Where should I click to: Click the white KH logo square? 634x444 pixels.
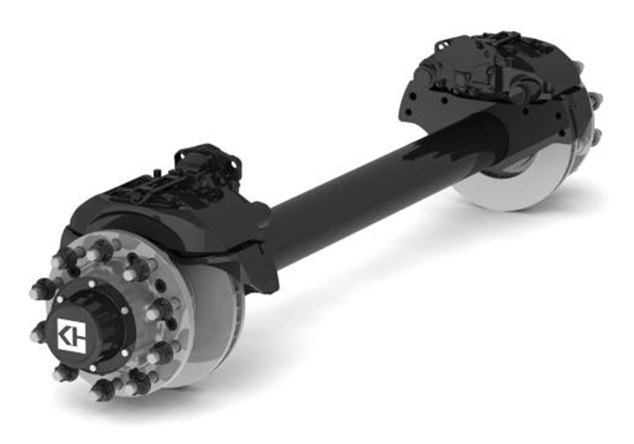tap(71, 336)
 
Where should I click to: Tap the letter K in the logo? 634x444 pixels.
tap(66, 336)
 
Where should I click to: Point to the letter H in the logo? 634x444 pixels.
tap(77, 336)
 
